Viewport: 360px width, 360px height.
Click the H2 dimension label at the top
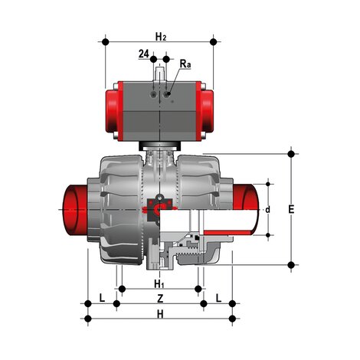[160, 36]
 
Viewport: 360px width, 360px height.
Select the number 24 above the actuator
[143, 55]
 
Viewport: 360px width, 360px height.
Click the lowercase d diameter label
[268, 208]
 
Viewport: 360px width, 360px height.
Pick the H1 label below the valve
[160, 284]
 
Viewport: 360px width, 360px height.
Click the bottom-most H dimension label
[160, 313]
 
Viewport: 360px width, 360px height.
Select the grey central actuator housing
[159, 111]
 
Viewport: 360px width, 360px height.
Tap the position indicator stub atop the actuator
[160, 74]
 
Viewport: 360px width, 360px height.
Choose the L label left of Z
[102, 297]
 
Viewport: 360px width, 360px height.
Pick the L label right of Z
[218, 297]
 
